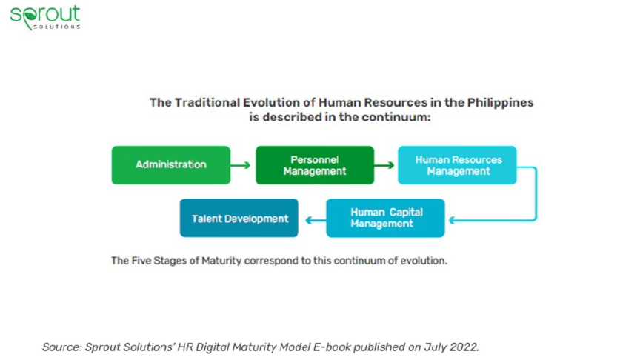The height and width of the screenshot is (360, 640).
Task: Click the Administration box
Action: [171, 165]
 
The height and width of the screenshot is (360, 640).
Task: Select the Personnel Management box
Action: [315, 165]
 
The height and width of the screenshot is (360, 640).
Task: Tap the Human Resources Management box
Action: [457, 165]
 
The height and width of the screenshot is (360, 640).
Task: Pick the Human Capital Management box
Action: [385, 218]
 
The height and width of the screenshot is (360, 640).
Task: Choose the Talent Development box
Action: [239, 218]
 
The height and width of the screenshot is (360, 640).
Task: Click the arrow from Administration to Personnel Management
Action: [241, 165]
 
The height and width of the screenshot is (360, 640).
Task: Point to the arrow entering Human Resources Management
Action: [384, 165]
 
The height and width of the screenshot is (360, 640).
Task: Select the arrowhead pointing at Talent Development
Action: [310, 221]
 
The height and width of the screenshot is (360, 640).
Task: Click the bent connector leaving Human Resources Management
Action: [536, 194]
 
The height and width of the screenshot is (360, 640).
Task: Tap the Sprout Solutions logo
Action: [45, 18]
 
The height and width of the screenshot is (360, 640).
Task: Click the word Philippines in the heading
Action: [500, 102]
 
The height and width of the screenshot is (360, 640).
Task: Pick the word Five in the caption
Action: [141, 261]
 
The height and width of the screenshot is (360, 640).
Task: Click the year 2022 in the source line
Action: [464, 347]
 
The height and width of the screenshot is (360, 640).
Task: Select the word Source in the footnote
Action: [62, 347]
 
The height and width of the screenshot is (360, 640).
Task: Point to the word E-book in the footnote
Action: [332, 347]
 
